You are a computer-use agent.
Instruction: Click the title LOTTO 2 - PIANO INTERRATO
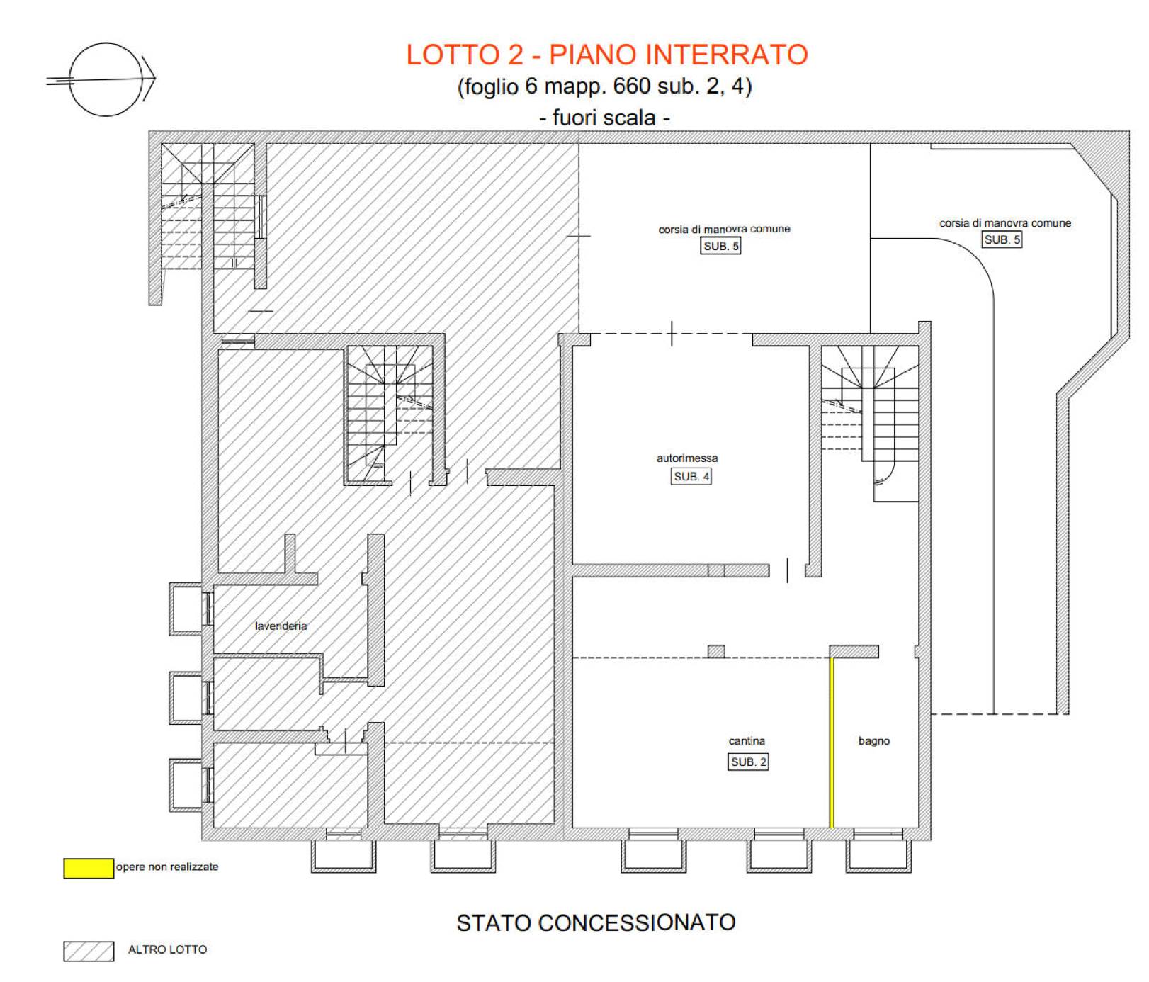tap(607, 55)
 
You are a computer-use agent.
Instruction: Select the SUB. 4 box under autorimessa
tap(691, 476)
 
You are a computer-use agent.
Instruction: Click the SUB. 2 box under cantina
tap(749, 762)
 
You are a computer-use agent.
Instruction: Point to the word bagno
tap(874, 740)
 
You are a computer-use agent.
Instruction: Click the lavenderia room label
tap(281, 626)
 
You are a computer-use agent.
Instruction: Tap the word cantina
tap(747, 740)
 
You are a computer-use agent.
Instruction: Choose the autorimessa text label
tap(687, 458)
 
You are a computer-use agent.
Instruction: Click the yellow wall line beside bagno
tap(832, 743)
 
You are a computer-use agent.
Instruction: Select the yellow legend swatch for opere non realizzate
tap(89, 868)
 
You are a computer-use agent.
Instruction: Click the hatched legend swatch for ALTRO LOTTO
tap(89, 951)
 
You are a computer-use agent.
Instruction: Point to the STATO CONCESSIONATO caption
tap(596, 922)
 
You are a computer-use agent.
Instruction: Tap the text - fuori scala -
tap(604, 117)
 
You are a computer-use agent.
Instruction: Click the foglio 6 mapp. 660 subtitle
tap(604, 86)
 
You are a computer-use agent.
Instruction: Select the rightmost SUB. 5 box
tap(1002, 239)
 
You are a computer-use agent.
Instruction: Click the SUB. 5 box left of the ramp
tap(721, 246)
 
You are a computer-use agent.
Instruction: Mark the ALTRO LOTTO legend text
tap(167, 949)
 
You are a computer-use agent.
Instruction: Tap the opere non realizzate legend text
tap(167, 867)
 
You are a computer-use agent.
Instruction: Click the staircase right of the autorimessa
tap(870, 423)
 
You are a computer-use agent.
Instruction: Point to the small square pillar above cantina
tap(716, 651)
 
